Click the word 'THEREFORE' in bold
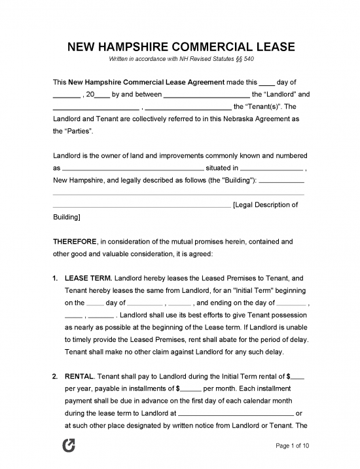(x=75, y=241)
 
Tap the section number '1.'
(x=56, y=278)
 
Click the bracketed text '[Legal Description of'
(x=266, y=204)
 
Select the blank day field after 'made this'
(x=267, y=82)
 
